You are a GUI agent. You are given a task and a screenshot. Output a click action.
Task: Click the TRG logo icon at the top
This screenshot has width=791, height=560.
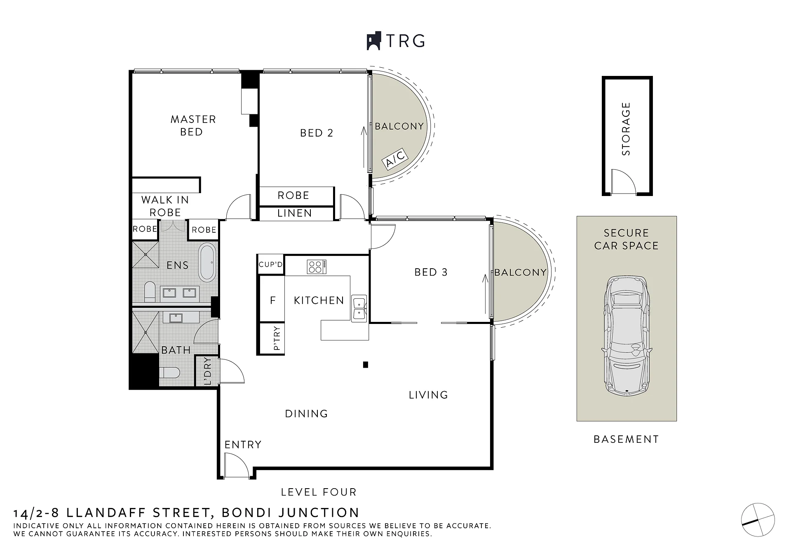click(373, 41)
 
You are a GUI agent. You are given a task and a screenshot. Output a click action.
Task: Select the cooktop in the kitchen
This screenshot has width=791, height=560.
click(317, 266)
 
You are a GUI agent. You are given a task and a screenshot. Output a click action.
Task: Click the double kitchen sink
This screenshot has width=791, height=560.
click(359, 308)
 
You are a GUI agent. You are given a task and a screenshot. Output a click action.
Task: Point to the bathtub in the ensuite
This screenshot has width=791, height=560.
click(207, 262)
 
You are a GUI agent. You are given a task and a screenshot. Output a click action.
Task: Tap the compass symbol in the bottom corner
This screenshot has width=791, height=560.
click(758, 520)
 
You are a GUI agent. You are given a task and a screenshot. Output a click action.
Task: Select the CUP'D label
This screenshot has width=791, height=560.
click(271, 264)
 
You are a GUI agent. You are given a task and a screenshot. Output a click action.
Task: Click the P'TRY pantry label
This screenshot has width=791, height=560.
click(277, 338)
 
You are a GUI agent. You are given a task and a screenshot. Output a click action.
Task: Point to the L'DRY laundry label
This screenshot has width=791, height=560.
click(208, 371)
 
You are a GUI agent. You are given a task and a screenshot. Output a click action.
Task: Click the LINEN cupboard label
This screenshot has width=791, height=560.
click(294, 213)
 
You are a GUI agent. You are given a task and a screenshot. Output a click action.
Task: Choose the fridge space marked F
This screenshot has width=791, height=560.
click(272, 300)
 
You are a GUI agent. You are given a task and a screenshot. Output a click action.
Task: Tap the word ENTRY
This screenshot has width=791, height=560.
click(243, 444)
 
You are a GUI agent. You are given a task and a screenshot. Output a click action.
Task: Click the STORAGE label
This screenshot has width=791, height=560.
click(626, 129)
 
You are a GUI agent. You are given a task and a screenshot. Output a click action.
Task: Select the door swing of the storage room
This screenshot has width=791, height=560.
click(623, 181)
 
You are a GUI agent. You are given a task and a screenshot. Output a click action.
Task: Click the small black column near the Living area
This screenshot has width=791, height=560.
click(365, 364)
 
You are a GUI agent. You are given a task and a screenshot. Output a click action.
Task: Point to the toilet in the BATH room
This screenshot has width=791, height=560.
click(169, 373)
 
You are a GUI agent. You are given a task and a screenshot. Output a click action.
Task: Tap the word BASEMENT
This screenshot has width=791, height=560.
click(626, 439)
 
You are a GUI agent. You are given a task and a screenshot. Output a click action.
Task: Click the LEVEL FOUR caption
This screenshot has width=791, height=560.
click(319, 492)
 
